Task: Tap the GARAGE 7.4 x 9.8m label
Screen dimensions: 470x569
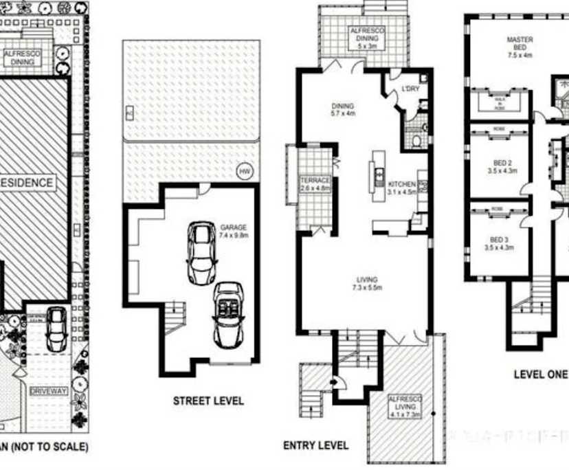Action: coord(233,231)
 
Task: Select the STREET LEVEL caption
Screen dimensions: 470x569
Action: coord(208,401)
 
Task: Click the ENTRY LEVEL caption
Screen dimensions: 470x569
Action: coord(315,445)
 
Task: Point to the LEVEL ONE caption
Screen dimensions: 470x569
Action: coord(541,374)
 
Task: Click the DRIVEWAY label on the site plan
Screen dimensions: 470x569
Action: coord(49,391)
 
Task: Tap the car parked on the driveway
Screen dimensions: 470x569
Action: coord(56,328)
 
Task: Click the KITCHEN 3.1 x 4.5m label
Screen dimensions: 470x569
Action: coord(402,188)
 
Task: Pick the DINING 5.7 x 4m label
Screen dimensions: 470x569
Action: coord(342,110)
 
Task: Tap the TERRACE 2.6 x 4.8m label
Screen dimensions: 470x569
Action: coord(315,184)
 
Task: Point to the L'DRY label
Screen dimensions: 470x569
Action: coord(410,89)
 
